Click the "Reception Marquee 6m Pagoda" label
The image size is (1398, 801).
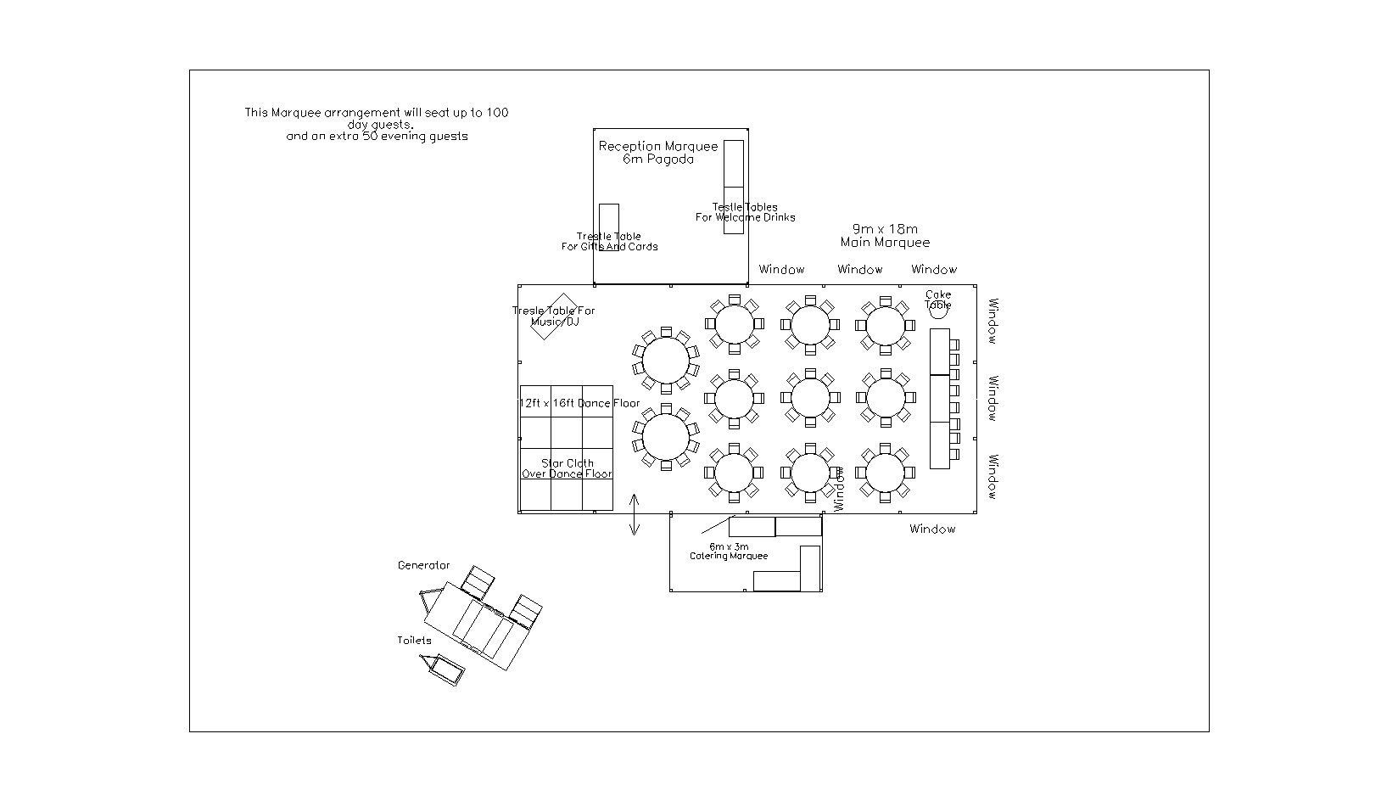coord(658,153)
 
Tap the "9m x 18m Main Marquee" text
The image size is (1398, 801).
coord(885,236)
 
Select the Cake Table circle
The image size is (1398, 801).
coord(938,311)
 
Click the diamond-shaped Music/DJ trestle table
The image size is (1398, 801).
coord(554,316)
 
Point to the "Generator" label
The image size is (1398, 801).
coord(423,566)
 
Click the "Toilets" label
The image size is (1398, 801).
coord(414,641)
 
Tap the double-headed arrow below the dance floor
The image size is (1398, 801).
coord(635,515)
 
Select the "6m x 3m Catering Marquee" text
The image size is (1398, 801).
coord(728,552)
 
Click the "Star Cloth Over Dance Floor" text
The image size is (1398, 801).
coord(567,469)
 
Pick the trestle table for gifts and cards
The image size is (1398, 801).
coord(608,227)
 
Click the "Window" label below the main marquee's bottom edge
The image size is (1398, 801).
coord(932,529)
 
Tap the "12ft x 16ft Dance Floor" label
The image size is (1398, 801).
coord(579,404)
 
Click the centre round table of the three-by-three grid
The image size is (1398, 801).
coord(809,397)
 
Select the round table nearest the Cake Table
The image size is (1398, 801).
coord(885,325)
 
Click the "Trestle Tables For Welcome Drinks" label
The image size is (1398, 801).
coord(745,212)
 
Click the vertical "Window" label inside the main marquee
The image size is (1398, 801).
coord(839,488)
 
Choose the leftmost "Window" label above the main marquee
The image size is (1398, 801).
coord(781,270)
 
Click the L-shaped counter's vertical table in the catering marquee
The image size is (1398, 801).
coord(810,568)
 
